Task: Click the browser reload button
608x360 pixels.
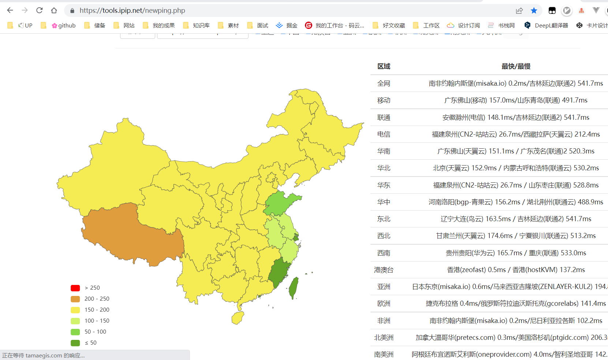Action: click(x=40, y=10)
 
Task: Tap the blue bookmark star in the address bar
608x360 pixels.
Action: click(x=534, y=10)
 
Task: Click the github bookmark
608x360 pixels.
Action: click(x=64, y=25)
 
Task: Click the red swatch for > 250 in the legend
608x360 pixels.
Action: click(x=75, y=288)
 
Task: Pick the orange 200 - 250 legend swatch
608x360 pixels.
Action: click(x=75, y=299)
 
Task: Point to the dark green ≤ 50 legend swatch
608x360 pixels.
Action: click(x=75, y=343)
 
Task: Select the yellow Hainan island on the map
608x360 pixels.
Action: click(x=238, y=318)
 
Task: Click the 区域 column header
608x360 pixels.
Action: click(x=384, y=66)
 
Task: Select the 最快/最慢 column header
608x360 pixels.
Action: click(x=516, y=66)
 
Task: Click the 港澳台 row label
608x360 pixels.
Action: click(x=384, y=270)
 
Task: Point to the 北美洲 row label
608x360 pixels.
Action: click(x=384, y=338)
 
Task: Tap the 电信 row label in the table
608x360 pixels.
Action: click(x=384, y=134)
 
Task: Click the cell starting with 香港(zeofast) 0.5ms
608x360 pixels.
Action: click(x=516, y=270)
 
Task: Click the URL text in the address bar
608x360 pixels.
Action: click(x=132, y=10)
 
